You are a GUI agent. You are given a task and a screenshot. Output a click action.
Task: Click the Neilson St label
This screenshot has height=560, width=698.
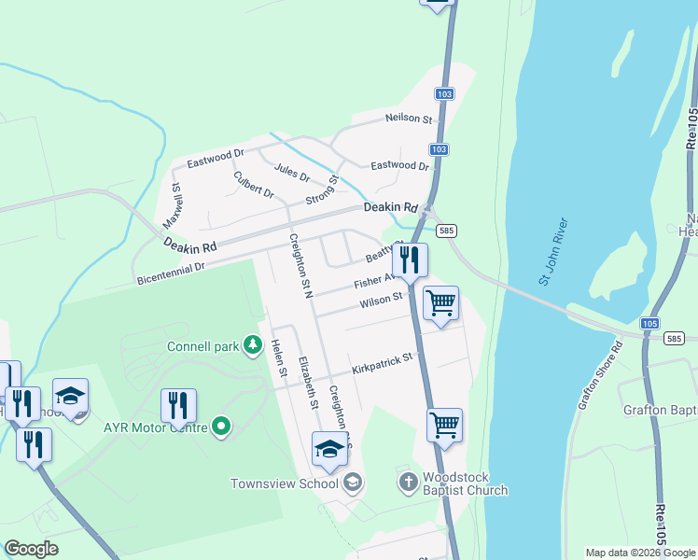coord(410,119)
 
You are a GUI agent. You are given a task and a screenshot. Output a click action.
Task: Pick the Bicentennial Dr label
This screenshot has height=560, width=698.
coord(170,269)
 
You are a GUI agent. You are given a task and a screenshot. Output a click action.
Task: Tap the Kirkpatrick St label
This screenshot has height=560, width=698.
coord(382,359)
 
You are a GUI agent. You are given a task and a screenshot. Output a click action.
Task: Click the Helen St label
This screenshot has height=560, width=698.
coord(278,358)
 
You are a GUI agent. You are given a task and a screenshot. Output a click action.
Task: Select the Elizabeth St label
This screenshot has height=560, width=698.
coord(308,383)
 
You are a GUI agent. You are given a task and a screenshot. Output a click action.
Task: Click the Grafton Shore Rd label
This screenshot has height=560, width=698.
coord(599,375)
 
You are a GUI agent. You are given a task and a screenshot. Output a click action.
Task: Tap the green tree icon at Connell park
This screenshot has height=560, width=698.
coord(251,346)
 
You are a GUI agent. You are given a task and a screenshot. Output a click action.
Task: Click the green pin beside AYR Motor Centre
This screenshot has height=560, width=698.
coord(221,427)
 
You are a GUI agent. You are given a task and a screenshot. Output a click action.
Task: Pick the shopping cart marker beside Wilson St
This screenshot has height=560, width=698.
coord(440,302)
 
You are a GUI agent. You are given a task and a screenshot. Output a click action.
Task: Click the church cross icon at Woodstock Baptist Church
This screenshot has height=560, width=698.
coord(408,482)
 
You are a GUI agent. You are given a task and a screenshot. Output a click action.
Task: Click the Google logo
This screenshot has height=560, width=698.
coord(31,549)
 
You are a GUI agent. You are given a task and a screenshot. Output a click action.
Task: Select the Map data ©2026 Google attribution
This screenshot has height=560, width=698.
coord(639,553)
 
